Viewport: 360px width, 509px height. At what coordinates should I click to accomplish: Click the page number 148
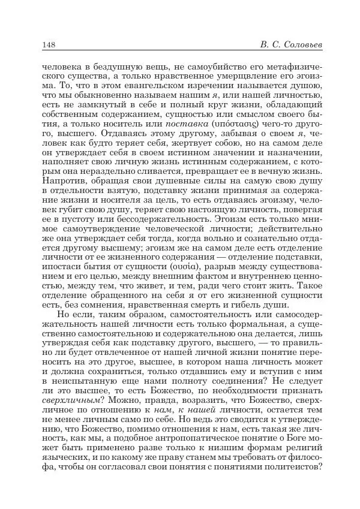tap(49, 44)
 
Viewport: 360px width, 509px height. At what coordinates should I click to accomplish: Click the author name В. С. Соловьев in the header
tap(291, 44)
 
